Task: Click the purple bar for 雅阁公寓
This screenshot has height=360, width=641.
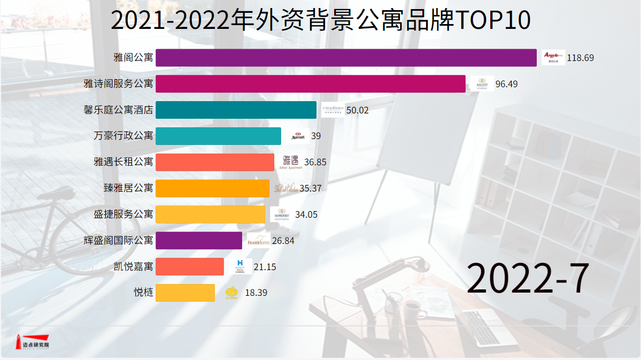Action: pyautogui.click(x=346, y=58)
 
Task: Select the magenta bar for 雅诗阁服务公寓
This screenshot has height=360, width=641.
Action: pyautogui.click(x=310, y=84)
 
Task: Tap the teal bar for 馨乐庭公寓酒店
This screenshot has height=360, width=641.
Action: pyautogui.click(x=236, y=110)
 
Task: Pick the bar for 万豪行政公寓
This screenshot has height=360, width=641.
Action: pyautogui.click(x=218, y=136)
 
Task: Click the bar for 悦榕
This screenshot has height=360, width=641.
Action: pyautogui.click(x=185, y=293)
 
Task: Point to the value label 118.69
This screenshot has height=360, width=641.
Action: pyautogui.click(x=580, y=58)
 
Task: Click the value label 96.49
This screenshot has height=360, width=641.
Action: pyautogui.click(x=506, y=84)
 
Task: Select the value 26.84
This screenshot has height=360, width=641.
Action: pyautogui.click(x=283, y=241)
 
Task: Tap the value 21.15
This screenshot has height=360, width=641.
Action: pyautogui.click(x=265, y=267)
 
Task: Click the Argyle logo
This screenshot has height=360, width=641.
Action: pyautogui.click(x=553, y=57)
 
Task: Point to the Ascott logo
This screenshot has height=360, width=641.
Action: pyautogui.click(x=482, y=84)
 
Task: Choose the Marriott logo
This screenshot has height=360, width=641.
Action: pyautogui.click(x=298, y=136)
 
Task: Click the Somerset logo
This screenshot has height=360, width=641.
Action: pyautogui.click(x=281, y=215)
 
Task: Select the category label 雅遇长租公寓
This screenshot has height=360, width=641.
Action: pyautogui.click(x=123, y=162)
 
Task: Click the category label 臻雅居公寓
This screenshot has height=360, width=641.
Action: pyautogui.click(x=128, y=188)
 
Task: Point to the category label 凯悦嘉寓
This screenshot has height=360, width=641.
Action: pyautogui.click(x=133, y=266)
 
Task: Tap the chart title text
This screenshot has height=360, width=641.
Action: pyautogui.click(x=320, y=20)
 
